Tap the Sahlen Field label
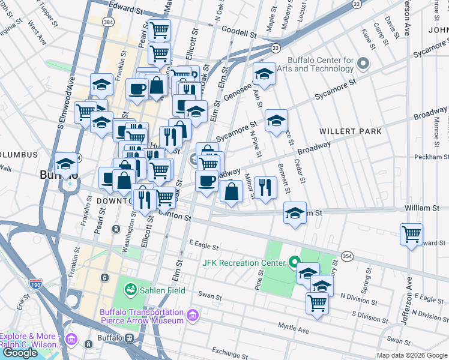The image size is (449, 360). [163, 291]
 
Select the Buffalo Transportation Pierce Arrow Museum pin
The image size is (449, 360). [193, 315]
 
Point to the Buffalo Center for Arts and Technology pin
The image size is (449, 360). [363, 63]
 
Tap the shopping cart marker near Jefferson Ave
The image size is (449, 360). [411, 234]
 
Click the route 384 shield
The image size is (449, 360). [108, 22]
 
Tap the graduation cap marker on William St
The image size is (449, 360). [294, 214]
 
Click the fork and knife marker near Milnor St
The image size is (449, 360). [265, 187]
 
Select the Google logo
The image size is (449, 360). [20, 353]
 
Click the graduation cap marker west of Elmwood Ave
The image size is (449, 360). [65, 163]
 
